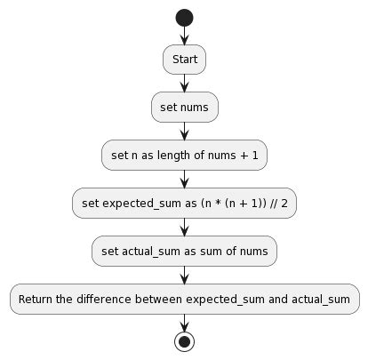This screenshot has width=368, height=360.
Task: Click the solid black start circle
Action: [x=184, y=17]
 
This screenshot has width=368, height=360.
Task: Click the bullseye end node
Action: [x=184, y=341]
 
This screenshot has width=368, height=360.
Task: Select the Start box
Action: [x=184, y=60]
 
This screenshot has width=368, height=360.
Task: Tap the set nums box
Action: [x=184, y=108]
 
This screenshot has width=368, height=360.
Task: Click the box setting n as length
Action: [x=184, y=156]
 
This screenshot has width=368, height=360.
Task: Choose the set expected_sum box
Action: [x=184, y=204]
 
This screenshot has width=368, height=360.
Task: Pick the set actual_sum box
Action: [x=184, y=252]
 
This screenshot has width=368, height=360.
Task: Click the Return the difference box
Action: [x=184, y=300]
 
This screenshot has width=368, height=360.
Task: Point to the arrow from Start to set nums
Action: [x=184, y=83]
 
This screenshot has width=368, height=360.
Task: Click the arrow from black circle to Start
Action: [x=184, y=36]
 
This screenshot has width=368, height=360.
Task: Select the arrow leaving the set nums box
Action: [x=184, y=131]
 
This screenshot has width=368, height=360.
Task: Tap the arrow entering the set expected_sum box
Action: [x=184, y=179]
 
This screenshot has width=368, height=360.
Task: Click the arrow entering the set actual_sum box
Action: [x=184, y=227]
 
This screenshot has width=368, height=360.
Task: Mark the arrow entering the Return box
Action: [x=184, y=275]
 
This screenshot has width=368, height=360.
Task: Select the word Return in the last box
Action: [x=36, y=300]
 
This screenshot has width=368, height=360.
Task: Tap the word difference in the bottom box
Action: [x=103, y=300]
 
